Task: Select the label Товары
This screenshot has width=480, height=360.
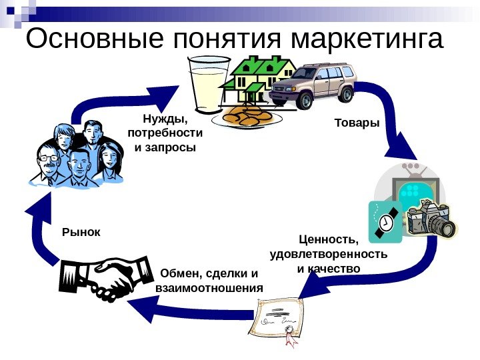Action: coord(356,123)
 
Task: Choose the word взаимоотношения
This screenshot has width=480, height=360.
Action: coord(209,288)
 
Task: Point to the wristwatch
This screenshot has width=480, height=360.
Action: coord(385,221)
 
